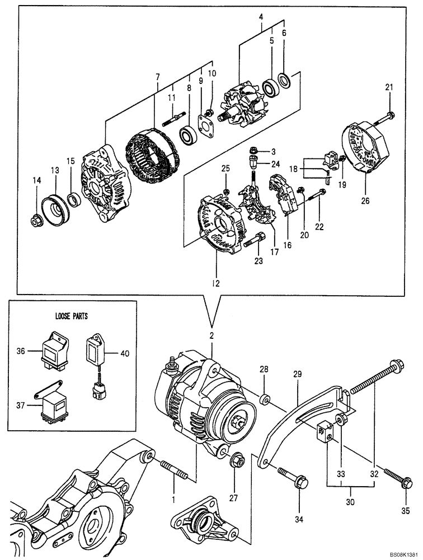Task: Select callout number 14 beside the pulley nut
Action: pos(36,180)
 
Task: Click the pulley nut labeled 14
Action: pos(37,222)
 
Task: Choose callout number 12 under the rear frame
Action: pos(217,283)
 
